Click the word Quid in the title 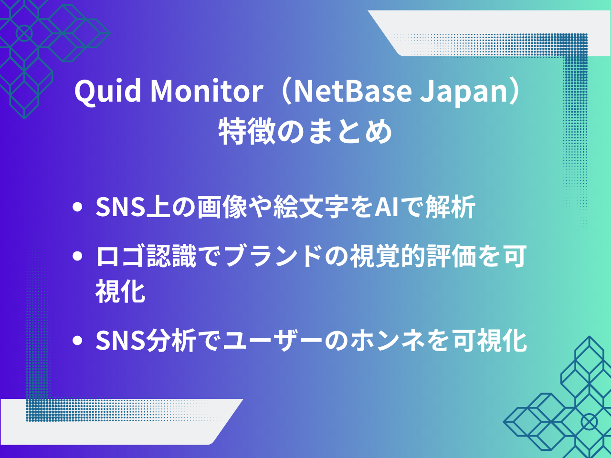click(108, 92)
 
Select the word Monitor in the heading click(207, 91)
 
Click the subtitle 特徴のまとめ click(305, 131)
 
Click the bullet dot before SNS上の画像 click(77, 207)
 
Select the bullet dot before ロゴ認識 click(77, 256)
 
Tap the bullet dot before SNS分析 click(77, 340)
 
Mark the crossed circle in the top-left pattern click(24, 33)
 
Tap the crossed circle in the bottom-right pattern click(589, 422)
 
